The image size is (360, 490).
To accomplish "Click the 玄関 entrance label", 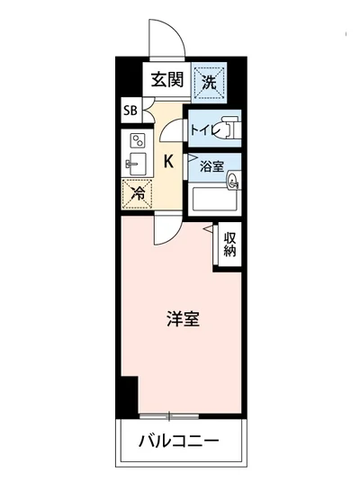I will [x=167, y=79].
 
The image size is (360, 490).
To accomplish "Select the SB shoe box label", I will [x=130, y=112].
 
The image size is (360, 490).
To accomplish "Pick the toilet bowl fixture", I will [x=231, y=129].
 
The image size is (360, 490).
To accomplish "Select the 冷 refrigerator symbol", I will [x=138, y=192].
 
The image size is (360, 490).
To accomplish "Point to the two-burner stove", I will [x=138, y=141].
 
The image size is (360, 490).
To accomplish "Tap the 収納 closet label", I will [x=230, y=244].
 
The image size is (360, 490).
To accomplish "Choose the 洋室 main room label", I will [x=182, y=318].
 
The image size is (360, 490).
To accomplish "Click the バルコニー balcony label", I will [x=179, y=441].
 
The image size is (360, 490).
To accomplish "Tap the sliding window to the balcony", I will [x=169, y=414].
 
